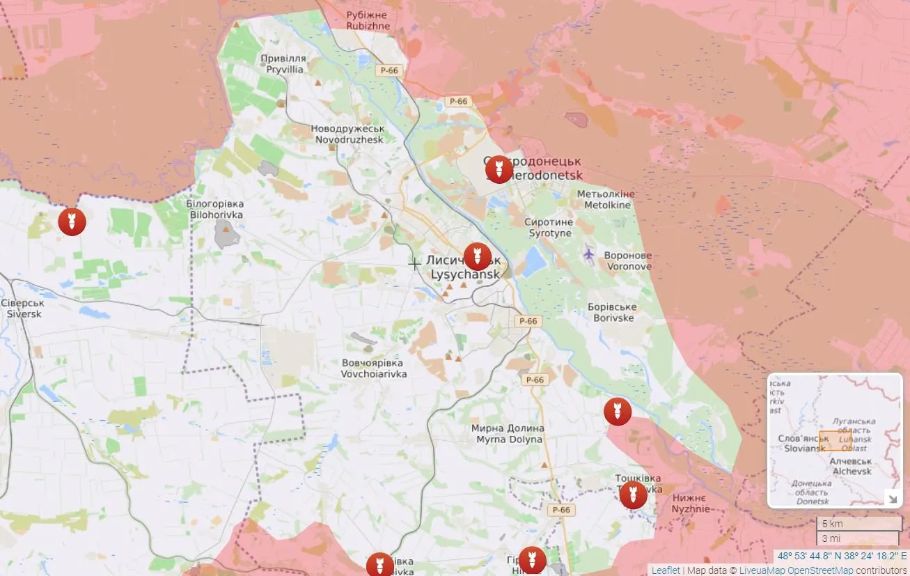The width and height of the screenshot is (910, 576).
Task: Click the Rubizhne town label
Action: click(368, 20)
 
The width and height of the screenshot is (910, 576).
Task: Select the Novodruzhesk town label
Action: click(347, 134)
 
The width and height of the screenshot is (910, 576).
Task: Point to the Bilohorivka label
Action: click(215, 209)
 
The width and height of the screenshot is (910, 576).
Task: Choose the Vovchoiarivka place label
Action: click(373, 368)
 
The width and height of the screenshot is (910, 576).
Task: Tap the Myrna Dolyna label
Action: click(508, 434)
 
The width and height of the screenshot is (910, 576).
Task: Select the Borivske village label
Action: click(613, 312)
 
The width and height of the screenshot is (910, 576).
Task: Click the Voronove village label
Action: click(628, 260)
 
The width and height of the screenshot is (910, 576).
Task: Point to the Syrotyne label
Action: click(550, 227)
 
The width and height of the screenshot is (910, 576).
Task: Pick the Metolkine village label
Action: click(606, 199)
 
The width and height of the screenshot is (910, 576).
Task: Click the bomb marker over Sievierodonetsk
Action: click(499, 169)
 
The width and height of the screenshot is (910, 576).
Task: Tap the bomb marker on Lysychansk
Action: click(477, 256)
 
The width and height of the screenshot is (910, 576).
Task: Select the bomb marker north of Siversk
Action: click(72, 221)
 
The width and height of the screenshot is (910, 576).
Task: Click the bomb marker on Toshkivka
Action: click(633, 495)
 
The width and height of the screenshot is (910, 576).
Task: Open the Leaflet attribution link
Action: click(665, 570)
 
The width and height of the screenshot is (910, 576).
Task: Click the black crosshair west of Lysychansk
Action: click(414, 264)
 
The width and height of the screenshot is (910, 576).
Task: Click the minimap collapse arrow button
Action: click(891, 497)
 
